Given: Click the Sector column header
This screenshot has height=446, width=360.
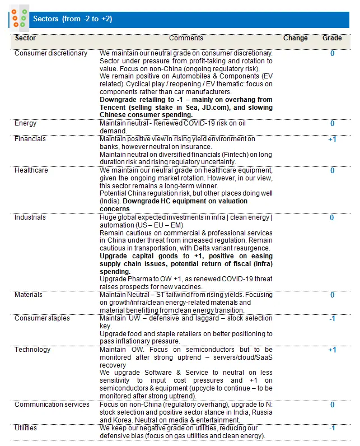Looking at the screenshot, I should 25,38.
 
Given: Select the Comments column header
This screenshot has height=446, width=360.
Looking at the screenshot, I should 186,38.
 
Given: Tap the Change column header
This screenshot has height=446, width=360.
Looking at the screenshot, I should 295,38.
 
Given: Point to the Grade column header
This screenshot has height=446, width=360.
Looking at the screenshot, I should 332,38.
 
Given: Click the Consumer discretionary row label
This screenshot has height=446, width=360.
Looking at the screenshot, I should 51,53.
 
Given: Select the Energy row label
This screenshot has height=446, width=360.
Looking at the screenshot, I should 26,123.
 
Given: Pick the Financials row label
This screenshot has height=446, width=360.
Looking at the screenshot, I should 30,138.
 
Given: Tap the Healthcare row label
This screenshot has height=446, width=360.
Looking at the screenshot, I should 31,170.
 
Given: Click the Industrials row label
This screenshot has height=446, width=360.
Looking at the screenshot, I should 30,217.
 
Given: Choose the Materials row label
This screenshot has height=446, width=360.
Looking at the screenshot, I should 29,294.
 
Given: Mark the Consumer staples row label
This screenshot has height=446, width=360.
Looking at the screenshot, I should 43,318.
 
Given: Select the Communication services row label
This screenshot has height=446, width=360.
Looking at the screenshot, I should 52,404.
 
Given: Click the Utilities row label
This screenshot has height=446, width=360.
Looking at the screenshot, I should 26,428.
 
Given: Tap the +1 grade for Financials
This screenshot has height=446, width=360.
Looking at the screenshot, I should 332,139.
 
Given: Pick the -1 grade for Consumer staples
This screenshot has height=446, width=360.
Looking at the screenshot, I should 332,318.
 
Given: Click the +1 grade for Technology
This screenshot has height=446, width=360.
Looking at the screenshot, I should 332,350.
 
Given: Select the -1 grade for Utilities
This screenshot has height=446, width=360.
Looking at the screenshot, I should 332,428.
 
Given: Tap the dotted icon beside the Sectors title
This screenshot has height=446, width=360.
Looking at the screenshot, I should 19,18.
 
